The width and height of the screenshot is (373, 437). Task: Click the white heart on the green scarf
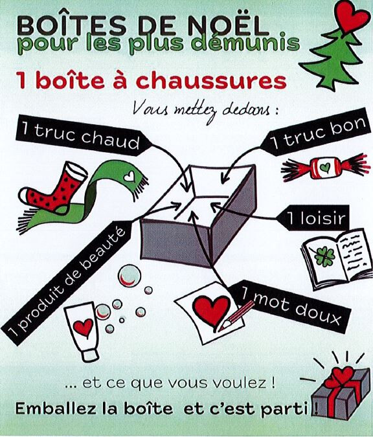coord(130,176)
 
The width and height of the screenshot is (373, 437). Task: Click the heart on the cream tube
coord(83,327)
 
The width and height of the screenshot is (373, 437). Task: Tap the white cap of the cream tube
coord(90,355)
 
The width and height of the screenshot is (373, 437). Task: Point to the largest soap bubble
coord(129,276)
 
